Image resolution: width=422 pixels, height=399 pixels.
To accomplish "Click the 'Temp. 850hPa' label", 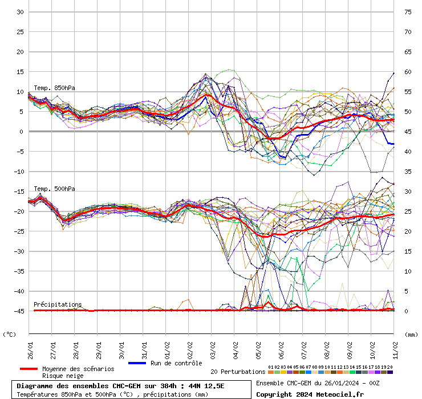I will coord(54,88).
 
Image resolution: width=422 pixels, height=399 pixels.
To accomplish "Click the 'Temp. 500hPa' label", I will coord(54,189).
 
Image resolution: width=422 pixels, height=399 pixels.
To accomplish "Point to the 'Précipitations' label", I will coord(58,304).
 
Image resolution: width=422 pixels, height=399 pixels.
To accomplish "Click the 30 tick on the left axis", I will coord(19,12).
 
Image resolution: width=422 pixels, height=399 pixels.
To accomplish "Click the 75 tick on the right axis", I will coord(408,12).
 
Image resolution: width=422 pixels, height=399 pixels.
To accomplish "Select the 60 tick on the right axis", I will coord(408,72).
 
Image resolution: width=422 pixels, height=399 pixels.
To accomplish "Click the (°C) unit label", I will coord(10,335).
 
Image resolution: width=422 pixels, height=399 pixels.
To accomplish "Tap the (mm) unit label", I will coord(411,335).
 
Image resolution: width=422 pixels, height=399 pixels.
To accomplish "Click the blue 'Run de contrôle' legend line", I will coord(138,363).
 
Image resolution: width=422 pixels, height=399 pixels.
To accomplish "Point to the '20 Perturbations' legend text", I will coord(237,372).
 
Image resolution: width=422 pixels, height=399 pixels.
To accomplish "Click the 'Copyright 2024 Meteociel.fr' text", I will coord(310,394).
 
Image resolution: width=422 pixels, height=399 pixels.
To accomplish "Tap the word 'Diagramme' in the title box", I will coord(35,386).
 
